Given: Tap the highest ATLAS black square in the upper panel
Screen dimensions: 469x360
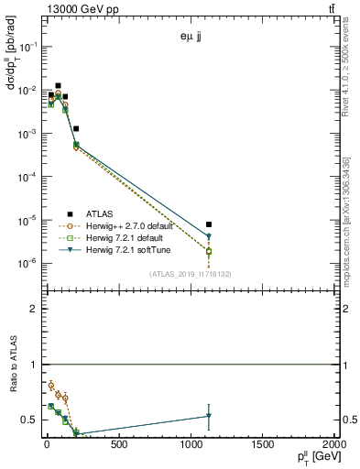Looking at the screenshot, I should click(59, 85).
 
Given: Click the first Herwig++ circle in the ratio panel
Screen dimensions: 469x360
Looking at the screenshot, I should click(51, 386).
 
